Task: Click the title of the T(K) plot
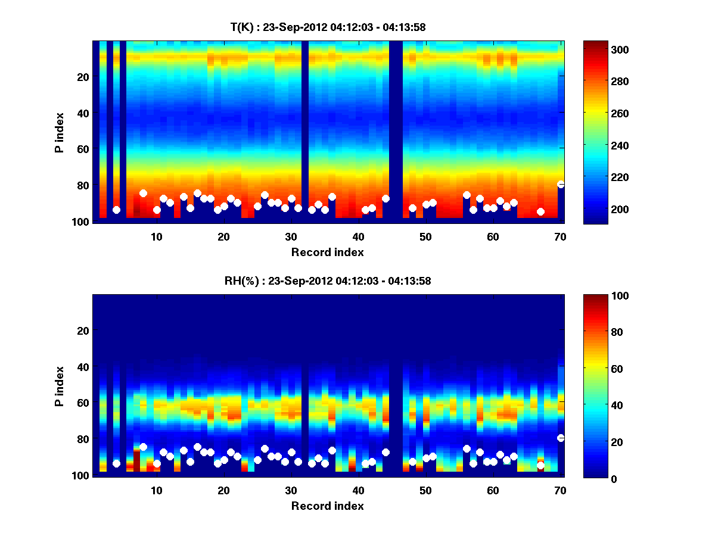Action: tap(328, 27)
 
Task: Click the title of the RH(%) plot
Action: tap(328, 281)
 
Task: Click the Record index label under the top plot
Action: tap(328, 252)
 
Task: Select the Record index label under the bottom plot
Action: tap(328, 506)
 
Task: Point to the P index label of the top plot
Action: tap(60, 132)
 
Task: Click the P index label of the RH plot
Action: tap(60, 386)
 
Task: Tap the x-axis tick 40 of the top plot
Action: tap(358, 236)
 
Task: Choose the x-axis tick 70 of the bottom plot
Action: tap(560, 490)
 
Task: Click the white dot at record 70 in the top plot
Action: tap(561, 185)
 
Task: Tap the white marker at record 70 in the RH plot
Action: tap(561, 438)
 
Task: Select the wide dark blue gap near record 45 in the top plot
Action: tap(396, 131)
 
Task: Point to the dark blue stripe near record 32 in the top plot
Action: tap(305, 131)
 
